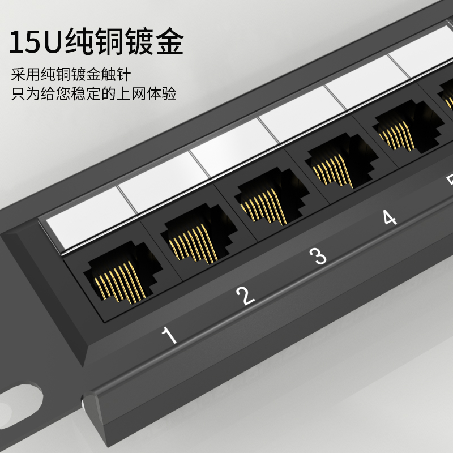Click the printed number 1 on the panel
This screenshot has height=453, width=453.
point(169,336)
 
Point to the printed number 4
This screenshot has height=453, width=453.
point(388,217)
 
